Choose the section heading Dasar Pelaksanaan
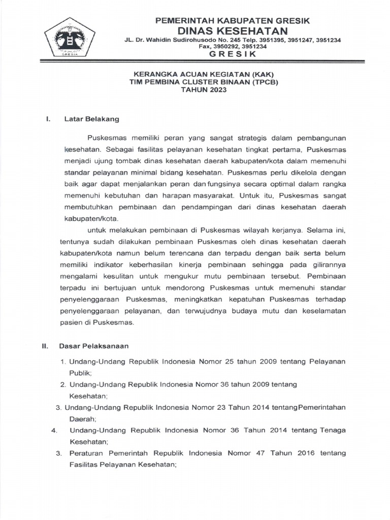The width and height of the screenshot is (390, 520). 93,346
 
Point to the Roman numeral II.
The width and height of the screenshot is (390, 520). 45,346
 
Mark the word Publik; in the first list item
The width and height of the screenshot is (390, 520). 81,372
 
